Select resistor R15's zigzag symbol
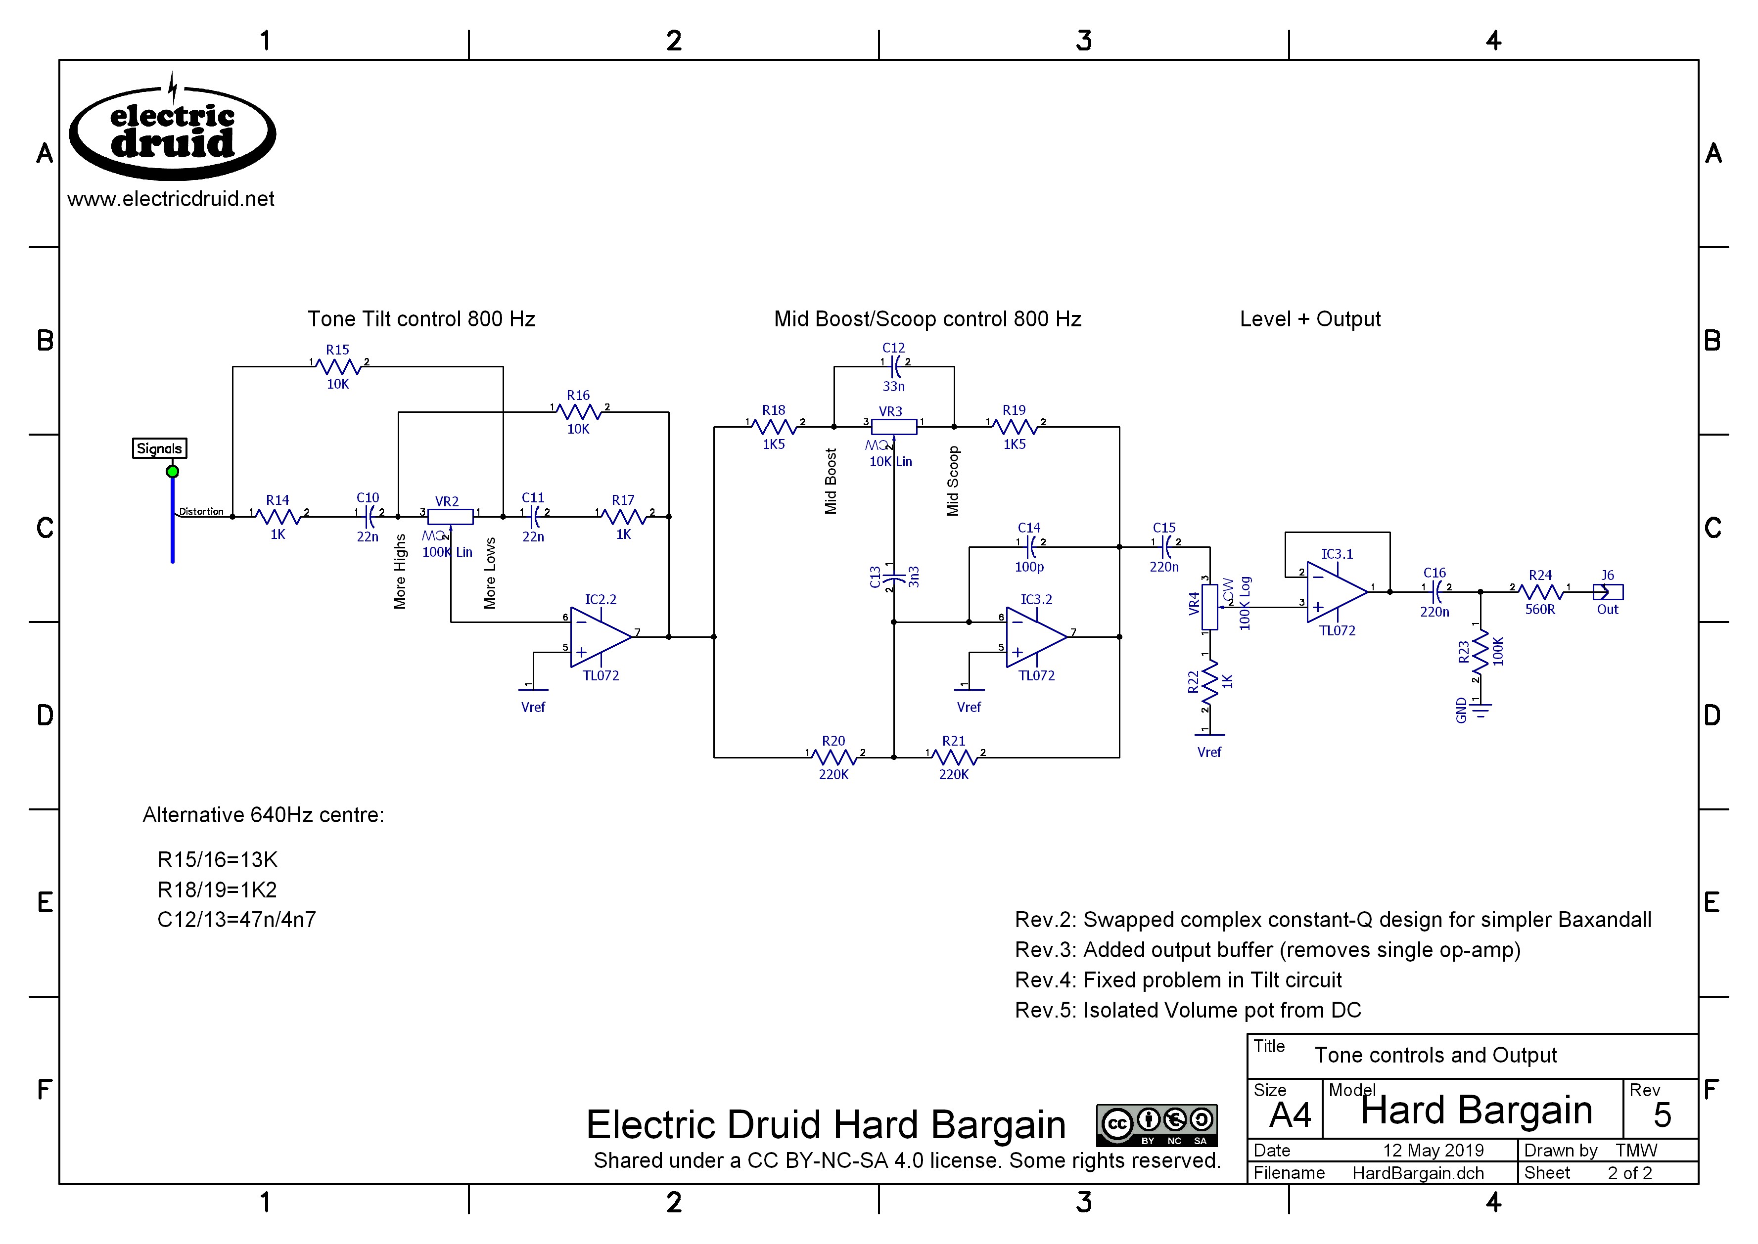coord(338,367)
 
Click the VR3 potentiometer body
coord(893,427)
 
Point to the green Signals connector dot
coord(173,472)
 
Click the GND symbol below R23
coord(1480,710)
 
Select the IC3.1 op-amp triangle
coord(1336,591)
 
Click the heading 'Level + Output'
coord(1310,319)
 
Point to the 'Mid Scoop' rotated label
coord(953,481)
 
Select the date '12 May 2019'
coord(1433,1151)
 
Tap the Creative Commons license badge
coord(1157,1124)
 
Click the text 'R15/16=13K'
coord(218,859)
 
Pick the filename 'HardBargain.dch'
coord(1418,1173)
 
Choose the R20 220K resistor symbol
coord(834,757)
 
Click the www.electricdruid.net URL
coord(171,199)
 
